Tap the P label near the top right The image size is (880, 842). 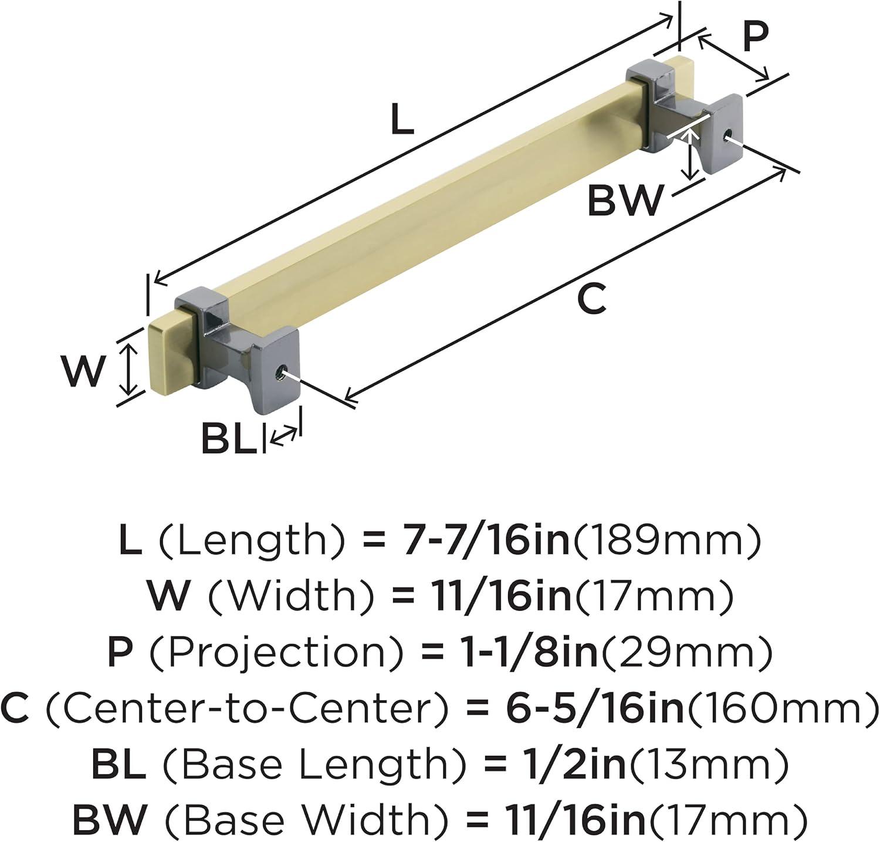pos(755,37)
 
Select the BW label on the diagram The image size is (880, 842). pos(625,200)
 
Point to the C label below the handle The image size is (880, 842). pos(591,298)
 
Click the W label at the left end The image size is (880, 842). pos(84,371)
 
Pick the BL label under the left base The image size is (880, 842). pos(229,438)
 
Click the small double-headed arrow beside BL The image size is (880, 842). pos(284,437)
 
